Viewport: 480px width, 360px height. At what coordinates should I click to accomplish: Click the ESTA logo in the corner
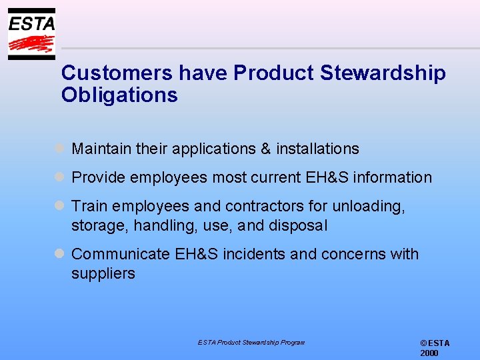(31, 34)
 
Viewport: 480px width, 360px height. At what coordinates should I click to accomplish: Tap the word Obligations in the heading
(119, 95)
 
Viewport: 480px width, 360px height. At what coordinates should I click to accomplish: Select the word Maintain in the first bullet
(101, 149)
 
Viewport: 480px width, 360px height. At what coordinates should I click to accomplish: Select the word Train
(88, 207)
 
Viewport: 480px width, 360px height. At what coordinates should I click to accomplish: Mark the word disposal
(298, 226)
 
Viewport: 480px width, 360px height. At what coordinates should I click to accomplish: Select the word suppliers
(103, 273)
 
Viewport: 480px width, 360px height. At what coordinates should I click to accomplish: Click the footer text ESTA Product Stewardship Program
(251, 343)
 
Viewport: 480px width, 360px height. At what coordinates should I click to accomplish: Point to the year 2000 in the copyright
(429, 353)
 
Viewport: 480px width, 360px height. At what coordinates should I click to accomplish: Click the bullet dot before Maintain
(59, 149)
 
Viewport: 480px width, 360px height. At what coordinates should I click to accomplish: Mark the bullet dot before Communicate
(59, 254)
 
